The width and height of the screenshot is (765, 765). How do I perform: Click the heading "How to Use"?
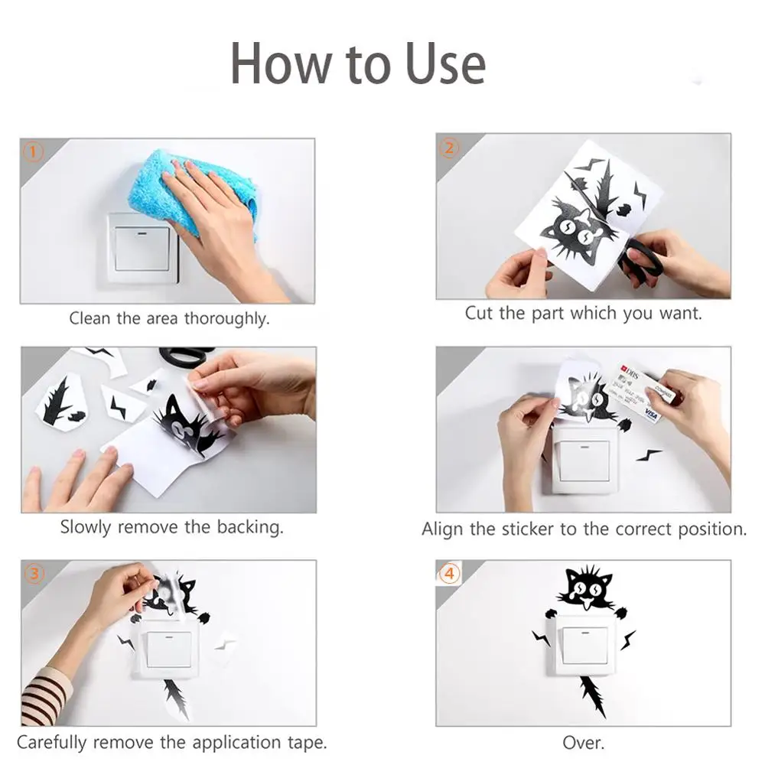point(357,64)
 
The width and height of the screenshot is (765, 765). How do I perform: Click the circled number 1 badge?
point(33,151)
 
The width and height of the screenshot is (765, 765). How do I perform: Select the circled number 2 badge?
point(449,148)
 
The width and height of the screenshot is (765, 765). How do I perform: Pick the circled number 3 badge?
point(34,574)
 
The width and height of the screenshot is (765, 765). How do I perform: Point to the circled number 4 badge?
point(449,573)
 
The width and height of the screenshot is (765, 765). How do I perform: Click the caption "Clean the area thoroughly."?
point(169,318)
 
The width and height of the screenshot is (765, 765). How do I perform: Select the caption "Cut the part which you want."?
point(584,313)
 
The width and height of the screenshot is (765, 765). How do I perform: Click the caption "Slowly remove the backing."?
point(171,527)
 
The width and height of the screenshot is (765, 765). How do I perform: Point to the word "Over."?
point(584,743)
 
